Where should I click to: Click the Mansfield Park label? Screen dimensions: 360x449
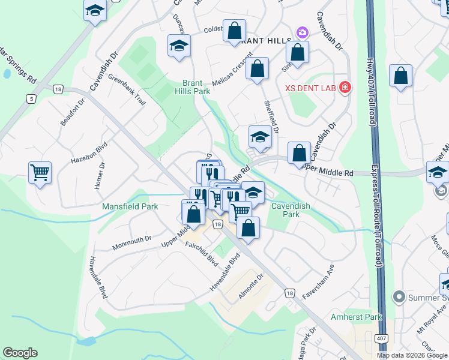[x=130, y=206]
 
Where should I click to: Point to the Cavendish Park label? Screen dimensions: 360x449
[x=291, y=210]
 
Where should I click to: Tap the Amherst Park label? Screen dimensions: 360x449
[x=356, y=316]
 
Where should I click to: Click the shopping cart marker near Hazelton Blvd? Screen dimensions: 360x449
[x=40, y=173]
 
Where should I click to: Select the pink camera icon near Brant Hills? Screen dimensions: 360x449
[x=302, y=32]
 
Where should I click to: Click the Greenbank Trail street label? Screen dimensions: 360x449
[x=127, y=89]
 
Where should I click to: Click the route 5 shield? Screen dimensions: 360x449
[x=31, y=98]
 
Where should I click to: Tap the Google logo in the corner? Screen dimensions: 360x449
[x=20, y=353]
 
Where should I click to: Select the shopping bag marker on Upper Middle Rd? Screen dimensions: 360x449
[x=299, y=154]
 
